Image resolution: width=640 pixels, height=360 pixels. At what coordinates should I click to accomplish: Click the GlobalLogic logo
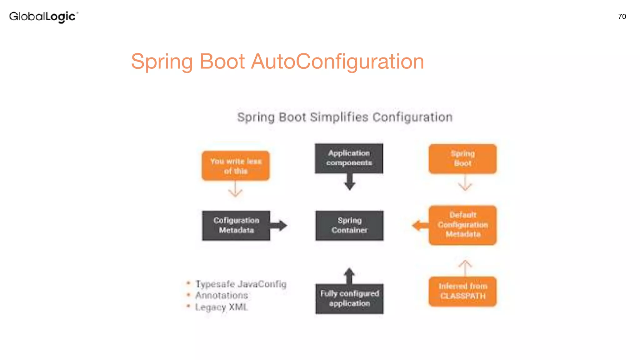point(43,17)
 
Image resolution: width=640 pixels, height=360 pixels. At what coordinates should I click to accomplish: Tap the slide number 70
point(622,17)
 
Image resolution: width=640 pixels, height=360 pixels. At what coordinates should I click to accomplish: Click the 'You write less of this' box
point(236,166)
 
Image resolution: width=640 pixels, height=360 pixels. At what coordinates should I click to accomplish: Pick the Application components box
point(349,158)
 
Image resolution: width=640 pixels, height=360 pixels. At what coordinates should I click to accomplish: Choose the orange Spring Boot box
point(462,159)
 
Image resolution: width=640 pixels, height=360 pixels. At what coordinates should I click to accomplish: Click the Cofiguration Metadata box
point(236,225)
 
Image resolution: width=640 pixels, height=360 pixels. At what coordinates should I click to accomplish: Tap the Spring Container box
point(349,225)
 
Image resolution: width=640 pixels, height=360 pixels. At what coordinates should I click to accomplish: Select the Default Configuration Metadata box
point(462,225)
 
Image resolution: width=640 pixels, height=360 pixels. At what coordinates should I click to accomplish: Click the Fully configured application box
point(349,298)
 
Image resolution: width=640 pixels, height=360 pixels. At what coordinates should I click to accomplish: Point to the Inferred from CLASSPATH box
point(462,291)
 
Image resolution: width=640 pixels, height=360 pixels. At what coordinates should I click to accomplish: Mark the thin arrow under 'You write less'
point(235,189)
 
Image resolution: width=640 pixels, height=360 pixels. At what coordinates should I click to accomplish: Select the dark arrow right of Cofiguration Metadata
point(279,225)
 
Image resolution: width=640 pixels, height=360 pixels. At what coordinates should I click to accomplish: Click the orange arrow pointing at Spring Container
point(420,225)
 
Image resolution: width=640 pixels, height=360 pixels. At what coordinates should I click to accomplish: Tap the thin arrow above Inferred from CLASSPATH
point(465,267)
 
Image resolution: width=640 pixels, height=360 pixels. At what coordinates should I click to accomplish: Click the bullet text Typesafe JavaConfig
point(241,284)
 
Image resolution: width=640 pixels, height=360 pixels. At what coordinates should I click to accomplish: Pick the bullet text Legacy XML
point(221,307)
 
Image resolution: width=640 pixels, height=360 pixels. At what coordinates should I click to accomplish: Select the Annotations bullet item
point(221,295)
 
